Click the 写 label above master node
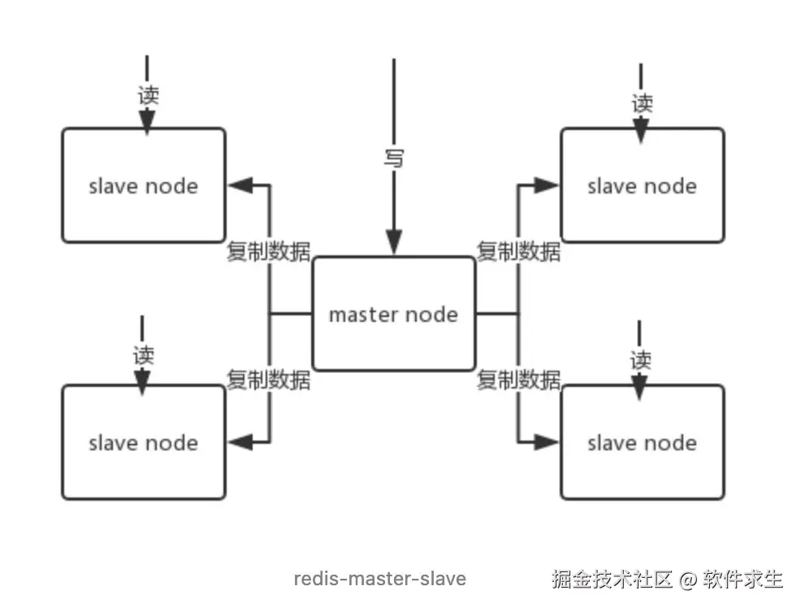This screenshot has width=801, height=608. point(394,157)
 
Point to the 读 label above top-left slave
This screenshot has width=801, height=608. point(147,94)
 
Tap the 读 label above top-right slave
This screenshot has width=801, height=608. point(642,103)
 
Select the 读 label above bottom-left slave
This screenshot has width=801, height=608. point(143,354)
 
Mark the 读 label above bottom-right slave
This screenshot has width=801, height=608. point(641,359)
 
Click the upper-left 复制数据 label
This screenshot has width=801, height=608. point(268,251)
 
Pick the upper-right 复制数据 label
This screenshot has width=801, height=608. point(518,251)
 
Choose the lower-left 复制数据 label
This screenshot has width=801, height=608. point(268,380)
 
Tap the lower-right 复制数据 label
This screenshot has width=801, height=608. point(518,380)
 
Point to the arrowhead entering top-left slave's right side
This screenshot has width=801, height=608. point(238,185)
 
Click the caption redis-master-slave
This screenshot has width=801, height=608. point(379,579)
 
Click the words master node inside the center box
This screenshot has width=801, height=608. point(393,315)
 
